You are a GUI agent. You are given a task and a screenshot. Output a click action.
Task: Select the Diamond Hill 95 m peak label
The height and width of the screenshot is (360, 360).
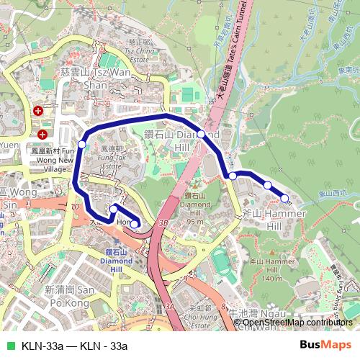[196, 208]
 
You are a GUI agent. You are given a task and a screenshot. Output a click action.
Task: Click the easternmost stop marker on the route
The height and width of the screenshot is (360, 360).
[285, 198]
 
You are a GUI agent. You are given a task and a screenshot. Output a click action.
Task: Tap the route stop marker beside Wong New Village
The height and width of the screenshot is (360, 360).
[81, 145]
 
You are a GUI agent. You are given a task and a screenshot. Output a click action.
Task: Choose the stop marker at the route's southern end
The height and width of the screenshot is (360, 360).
[134, 224]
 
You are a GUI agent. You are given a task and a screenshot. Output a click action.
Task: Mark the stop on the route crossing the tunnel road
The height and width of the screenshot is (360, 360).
[201, 134]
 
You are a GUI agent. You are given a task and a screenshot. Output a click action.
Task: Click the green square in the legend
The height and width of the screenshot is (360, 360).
[9, 344]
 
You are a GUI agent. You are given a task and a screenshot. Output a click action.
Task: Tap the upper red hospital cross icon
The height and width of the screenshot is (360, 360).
[37, 111]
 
